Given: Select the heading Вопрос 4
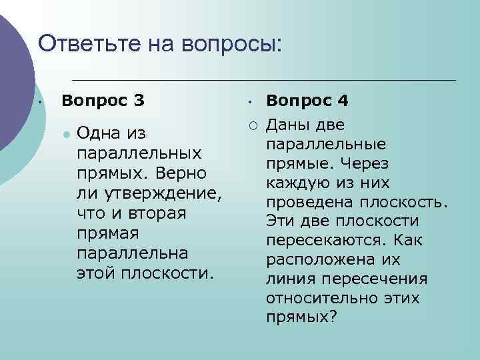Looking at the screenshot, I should pyautogui.click(x=307, y=101).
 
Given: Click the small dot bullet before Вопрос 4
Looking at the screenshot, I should pyautogui.click(x=247, y=103).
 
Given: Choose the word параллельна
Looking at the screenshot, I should pyautogui.click(x=133, y=254).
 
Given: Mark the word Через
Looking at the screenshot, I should pyautogui.click(x=368, y=163).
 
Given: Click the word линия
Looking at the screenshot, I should pyautogui.click(x=288, y=278).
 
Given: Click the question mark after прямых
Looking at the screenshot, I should pyautogui.click(x=333, y=317).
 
